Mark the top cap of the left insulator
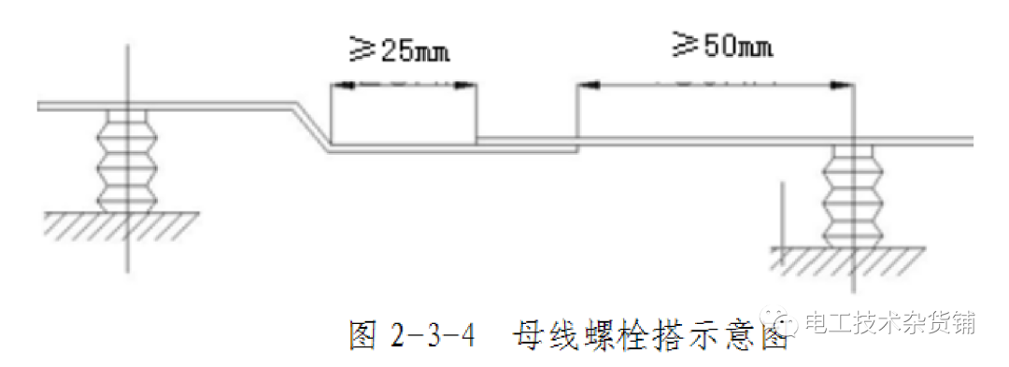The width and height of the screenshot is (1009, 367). (126, 117)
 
